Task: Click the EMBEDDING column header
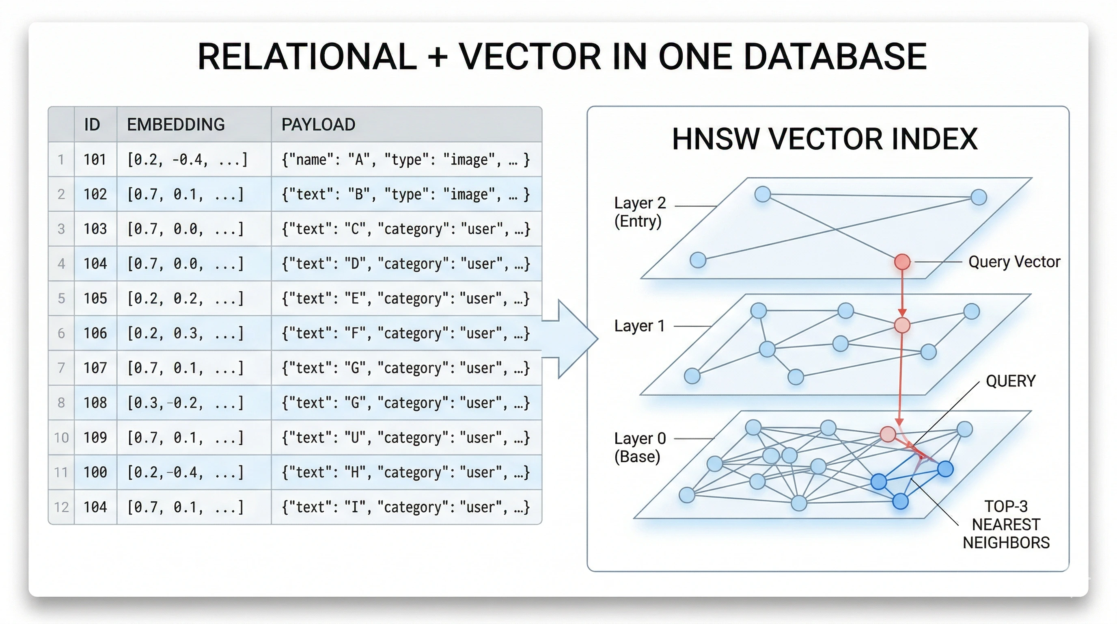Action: tap(176, 125)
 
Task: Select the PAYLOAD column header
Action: tap(318, 125)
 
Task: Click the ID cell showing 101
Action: tap(95, 160)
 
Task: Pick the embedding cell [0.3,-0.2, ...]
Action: tap(185, 403)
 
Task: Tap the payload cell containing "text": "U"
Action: tap(405, 438)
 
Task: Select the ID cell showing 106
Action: tap(95, 333)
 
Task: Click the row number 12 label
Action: tap(61, 507)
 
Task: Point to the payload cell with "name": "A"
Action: tap(405, 160)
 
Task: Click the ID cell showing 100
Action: tap(95, 472)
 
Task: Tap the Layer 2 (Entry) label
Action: tap(640, 212)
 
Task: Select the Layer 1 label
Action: tap(639, 326)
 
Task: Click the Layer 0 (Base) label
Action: tap(640, 447)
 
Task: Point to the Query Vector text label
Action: tap(1014, 262)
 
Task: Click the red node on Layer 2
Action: tap(902, 262)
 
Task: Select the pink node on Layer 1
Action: tap(902, 325)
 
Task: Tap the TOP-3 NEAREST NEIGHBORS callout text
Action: tap(1006, 524)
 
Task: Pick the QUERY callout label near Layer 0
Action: tap(1010, 381)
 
